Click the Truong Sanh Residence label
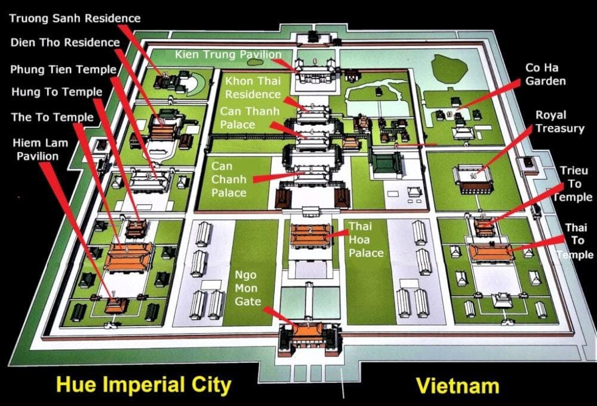click(75, 18)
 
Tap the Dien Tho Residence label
click(65, 43)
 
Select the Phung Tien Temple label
click(63, 69)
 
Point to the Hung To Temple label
click(56, 92)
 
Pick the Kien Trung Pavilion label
click(227, 55)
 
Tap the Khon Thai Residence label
click(253, 87)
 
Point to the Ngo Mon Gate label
click(248, 289)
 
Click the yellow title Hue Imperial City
click(143, 385)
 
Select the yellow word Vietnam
click(457, 385)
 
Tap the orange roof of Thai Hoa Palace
click(310, 233)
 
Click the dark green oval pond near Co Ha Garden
click(449, 69)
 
